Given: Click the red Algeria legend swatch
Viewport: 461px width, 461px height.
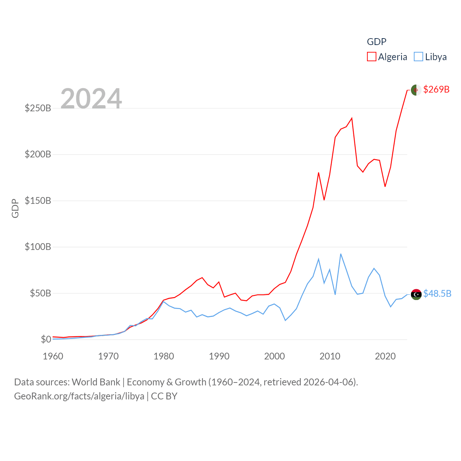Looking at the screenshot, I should point(372,57).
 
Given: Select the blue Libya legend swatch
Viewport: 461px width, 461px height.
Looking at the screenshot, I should point(419,57).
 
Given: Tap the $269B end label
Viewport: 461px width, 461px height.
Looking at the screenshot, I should point(436,89).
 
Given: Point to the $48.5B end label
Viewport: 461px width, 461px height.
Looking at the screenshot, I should point(437,294).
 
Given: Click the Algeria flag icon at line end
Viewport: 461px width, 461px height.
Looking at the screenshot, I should point(416,90).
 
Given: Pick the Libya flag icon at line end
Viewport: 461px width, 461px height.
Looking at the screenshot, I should point(416,294).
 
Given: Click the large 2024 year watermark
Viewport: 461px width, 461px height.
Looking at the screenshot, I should point(91,99).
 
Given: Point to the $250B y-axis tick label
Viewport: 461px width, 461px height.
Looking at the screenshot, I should point(38,108).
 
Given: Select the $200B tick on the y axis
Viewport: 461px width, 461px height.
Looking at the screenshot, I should point(38,155).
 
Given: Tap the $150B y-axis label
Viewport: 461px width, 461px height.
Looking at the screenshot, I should point(38,201).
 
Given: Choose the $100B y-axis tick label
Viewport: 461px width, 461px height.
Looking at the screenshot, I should point(38,247).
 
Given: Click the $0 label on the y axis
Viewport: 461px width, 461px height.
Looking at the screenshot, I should point(46,339).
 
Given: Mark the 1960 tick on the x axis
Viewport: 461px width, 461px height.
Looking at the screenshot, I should point(53,356).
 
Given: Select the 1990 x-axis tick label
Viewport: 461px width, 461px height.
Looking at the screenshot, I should point(219,356).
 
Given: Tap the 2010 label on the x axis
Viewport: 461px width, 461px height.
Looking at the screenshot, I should point(330,356).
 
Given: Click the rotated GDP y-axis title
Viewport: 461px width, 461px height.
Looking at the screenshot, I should point(15,208).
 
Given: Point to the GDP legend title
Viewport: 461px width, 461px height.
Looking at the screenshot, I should point(376,42).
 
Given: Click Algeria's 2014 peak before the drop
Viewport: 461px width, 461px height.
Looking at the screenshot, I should point(352,118).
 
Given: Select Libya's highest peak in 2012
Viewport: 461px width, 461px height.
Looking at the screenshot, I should point(341,254).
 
